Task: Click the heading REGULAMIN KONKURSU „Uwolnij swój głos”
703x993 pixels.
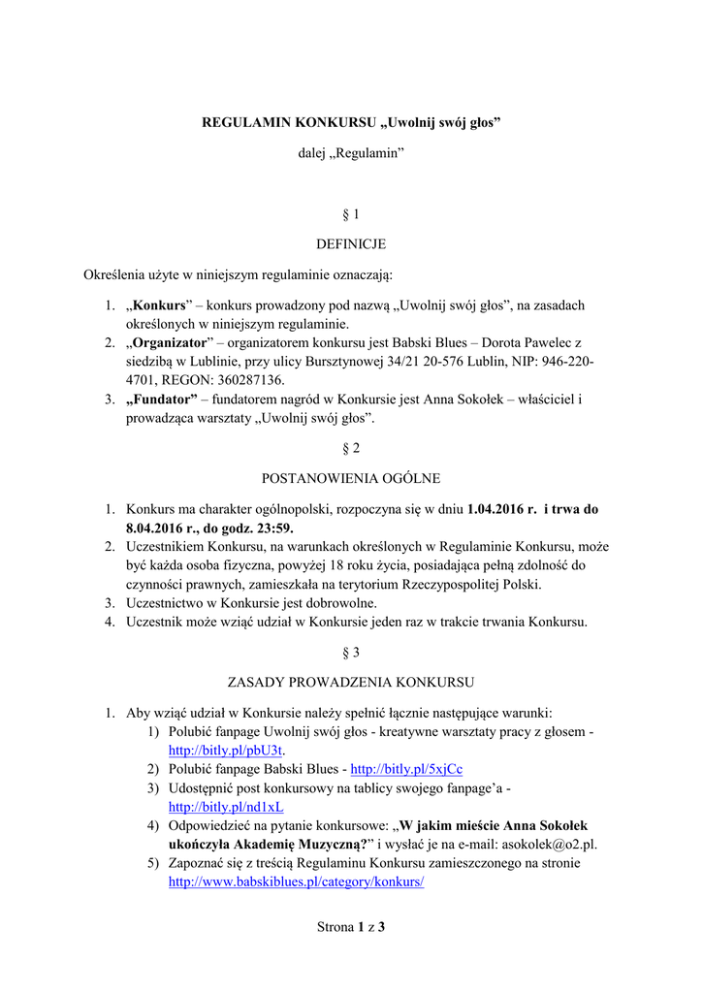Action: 351,123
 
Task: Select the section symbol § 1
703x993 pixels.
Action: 351,213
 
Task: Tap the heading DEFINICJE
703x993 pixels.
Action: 351,244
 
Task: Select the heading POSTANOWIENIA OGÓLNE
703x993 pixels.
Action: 351,478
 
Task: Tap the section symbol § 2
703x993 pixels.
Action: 351,448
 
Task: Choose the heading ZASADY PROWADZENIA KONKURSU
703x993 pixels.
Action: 351,682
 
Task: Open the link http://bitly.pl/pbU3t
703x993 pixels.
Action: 226,751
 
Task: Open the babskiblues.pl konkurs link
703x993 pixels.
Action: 297,882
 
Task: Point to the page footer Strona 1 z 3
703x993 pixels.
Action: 351,927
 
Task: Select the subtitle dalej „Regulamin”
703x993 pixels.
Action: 351,155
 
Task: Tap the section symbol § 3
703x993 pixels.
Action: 351,653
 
